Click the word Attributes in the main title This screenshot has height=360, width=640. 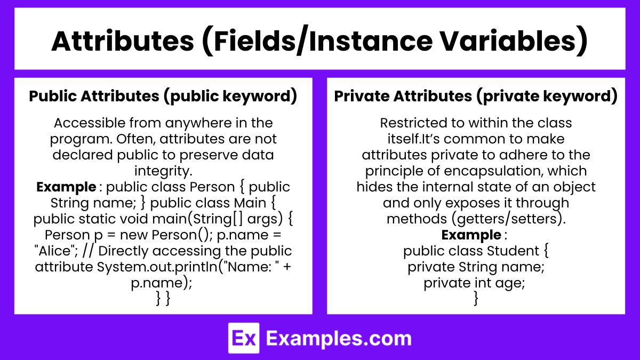pos(123,42)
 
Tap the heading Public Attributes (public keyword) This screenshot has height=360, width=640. pos(163,97)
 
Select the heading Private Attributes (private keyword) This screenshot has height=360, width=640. pos(476,97)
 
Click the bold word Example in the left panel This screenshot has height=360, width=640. pos(66,187)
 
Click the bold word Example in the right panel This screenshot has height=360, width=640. pos(471,235)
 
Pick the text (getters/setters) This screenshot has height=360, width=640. pos(509,219)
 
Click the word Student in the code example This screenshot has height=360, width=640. pos(513,251)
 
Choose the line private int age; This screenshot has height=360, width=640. pos(474,283)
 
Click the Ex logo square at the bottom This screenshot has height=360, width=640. pos(244,338)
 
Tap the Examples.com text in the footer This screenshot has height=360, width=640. pos(339,339)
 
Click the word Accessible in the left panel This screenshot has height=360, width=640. pos(90,123)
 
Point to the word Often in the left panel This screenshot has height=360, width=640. pos(135,139)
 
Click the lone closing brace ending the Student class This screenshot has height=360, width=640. pos(476,299)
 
